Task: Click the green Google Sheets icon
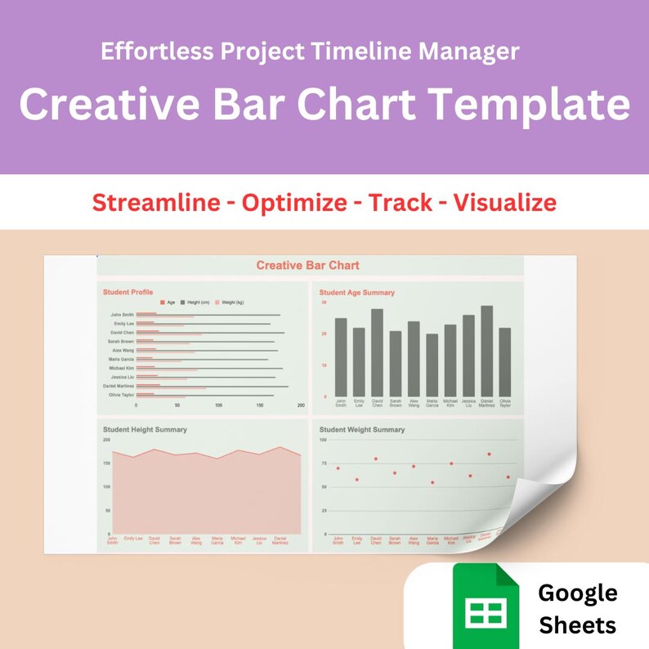point(486,606)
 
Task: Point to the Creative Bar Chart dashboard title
point(307,266)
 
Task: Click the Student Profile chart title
point(128,292)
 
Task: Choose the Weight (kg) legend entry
point(232,302)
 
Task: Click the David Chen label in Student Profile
point(123,333)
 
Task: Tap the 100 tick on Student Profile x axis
point(218,405)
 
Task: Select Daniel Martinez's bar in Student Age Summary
point(487,351)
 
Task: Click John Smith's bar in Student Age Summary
point(340,357)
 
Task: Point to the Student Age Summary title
point(356,292)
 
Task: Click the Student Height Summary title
point(145,429)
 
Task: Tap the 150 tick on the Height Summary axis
point(106,463)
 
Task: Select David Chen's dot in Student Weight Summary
point(375,459)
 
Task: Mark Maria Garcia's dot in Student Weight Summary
point(432,482)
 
